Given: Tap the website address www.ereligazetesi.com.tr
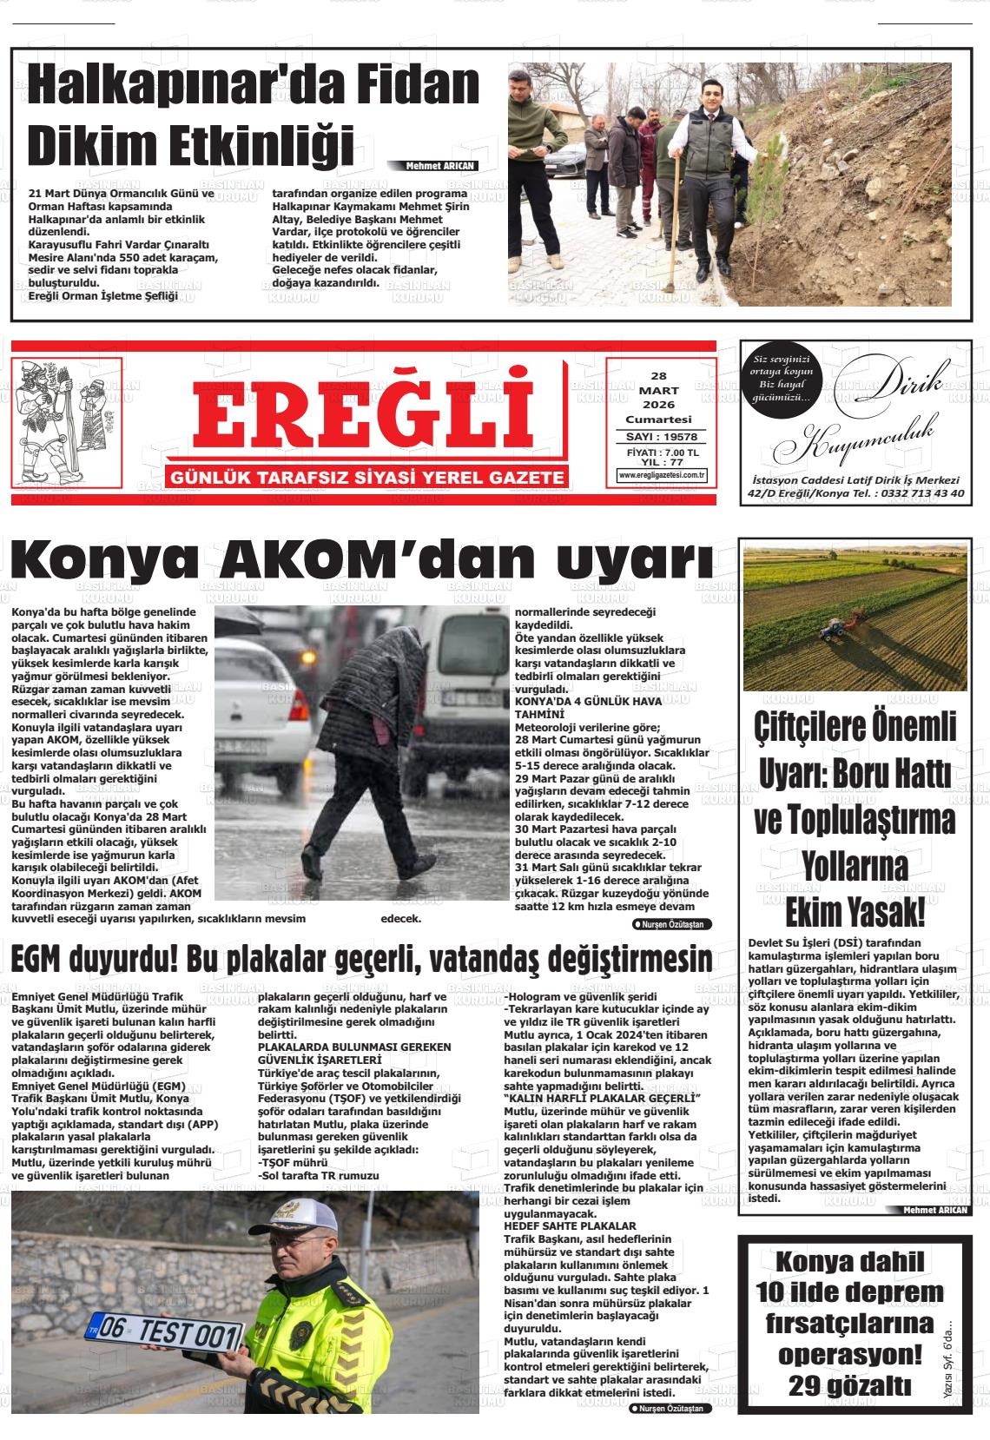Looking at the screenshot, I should pyautogui.click(x=662, y=475).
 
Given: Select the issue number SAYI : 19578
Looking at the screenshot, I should pyautogui.click(x=662, y=437).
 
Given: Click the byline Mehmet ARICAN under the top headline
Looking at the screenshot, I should pyautogui.click(x=441, y=166).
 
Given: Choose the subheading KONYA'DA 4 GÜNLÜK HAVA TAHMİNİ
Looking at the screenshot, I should pyautogui.click(x=588, y=706).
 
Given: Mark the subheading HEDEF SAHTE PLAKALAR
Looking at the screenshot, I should pyautogui.click(x=570, y=1225).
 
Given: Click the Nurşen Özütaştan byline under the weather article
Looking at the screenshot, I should pyautogui.click(x=672, y=924).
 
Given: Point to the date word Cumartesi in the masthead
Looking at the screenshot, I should pyautogui.click(x=662, y=419).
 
